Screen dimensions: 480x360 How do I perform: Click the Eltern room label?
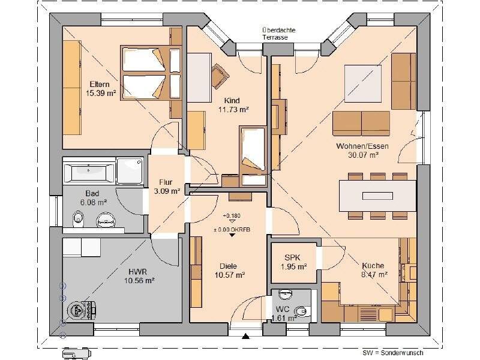tap(100, 84)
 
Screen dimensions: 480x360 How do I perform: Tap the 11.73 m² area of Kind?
tap(233, 109)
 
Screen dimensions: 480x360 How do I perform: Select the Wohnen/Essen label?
tap(362, 146)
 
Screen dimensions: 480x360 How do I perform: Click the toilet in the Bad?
tap(78, 219)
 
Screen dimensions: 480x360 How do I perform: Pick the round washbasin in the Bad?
tap(106, 220)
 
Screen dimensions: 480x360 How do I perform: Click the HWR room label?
tap(137, 272)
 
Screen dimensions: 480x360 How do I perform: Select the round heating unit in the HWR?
tap(77, 311)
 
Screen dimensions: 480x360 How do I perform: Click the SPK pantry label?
tap(292, 258)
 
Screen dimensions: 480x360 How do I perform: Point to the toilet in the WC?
tap(302, 311)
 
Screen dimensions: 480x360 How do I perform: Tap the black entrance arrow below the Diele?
tap(245, 336)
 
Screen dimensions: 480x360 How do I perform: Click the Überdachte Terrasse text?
tap(278, 34)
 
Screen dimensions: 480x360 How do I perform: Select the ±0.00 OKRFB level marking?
tap(232, 229)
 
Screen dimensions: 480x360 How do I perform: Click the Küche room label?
tap(373, 265)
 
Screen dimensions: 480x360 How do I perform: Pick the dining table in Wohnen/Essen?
tap(377, 196)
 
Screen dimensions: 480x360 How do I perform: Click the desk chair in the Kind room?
tap(220, 76)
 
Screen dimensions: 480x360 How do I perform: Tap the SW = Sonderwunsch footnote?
tap(393, 353)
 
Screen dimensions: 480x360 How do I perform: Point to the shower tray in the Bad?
tap(130, 171)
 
